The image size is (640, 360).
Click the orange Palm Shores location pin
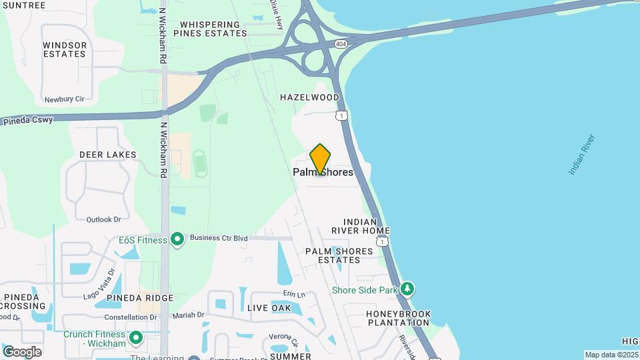[x=320, y=159]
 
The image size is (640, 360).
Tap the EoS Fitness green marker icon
[x=177, y=239]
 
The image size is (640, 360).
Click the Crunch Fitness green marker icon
[x=136, y=337]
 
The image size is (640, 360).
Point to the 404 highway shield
[x=341, y=43]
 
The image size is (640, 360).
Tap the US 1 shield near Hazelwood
[x=341, y=116]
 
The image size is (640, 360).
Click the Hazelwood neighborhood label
[x=309, y=97]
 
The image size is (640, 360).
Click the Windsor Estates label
[x=65, y=49]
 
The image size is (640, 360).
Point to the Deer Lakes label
[x=107, y=155]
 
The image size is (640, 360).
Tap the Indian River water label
[x=581, y=155]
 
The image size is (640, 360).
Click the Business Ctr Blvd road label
[x=218, y=237]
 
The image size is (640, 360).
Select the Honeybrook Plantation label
[x=399, y=318]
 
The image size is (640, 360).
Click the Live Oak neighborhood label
[x=269, y=308]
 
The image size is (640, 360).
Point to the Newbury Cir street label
[x=65, y=99]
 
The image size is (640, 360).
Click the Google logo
[x=22, y=351]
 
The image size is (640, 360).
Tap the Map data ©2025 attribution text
[x=611, y=355]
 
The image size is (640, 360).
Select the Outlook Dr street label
[x=103, y=219]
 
